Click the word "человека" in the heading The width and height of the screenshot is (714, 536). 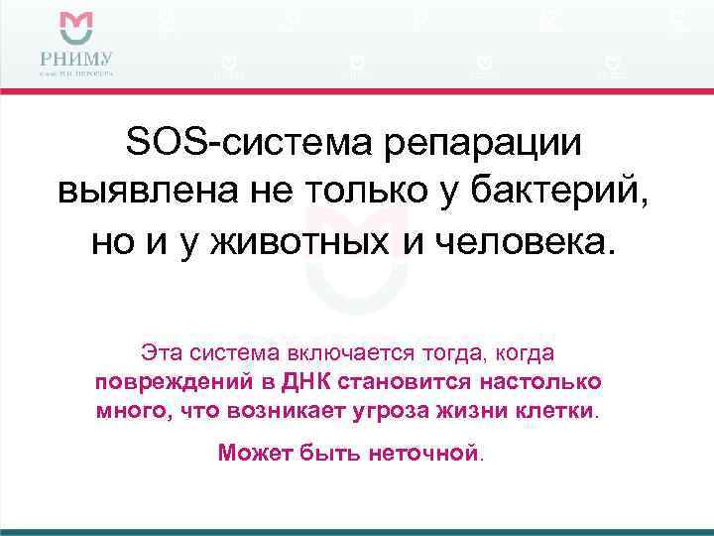pyautogui.click(x=525, y=240)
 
